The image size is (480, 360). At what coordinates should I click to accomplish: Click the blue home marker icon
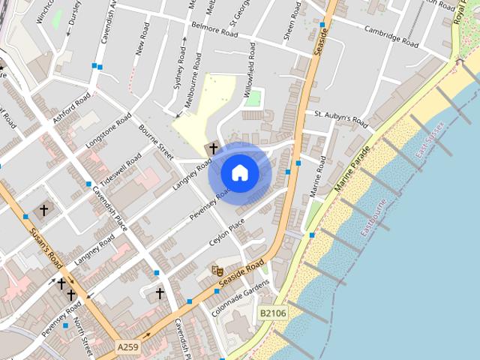(x=239, y=172)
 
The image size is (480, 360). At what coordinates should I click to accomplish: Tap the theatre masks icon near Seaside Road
(x=217, y=270)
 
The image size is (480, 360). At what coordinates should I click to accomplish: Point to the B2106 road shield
(x=274, y=313)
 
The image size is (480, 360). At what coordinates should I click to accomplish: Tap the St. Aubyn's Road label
(x=341, y=118)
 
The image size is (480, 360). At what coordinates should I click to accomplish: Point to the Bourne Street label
(x=155, y=142)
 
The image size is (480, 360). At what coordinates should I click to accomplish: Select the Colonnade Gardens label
(x=240, y=298)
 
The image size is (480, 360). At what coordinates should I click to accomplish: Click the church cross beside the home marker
(x=213, y=148)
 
